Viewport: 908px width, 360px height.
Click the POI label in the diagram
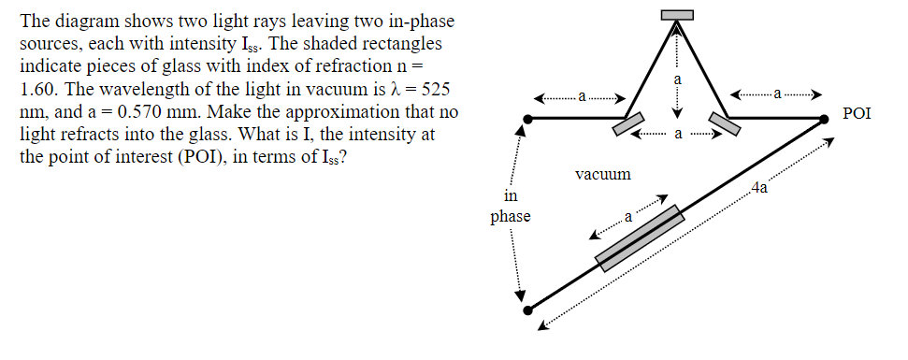point(857,114)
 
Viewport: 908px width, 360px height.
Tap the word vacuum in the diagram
point(602,174)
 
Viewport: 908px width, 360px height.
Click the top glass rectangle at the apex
point(677,13)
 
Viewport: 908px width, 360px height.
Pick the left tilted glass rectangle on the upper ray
point(627,124)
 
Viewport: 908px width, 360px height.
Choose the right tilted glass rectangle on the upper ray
point(725,123)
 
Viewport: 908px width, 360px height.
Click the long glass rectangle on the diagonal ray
point(641,239)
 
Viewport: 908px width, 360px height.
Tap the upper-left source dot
point(528,119)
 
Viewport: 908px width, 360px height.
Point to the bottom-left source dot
point(527,309)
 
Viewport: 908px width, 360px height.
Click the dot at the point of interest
point(825,119)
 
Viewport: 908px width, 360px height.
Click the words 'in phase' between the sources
point(510,207)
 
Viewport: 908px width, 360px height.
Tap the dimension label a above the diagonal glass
point(628,217)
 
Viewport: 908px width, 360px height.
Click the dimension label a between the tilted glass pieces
point(677,136)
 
